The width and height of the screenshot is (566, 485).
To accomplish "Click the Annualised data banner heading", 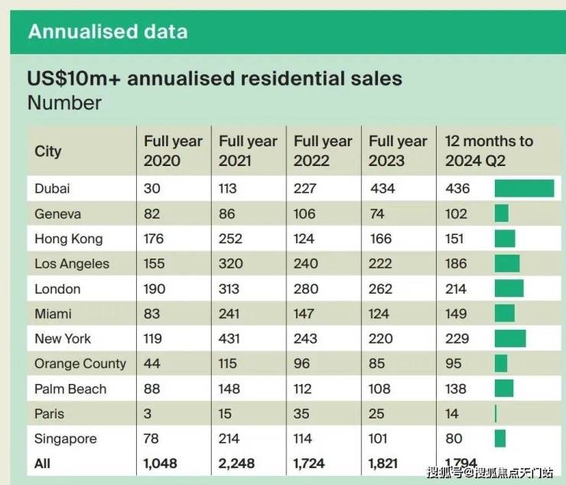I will [107, 31].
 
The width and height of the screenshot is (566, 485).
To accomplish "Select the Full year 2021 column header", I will [248, 151].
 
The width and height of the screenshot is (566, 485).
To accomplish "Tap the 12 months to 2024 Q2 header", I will [489, 151].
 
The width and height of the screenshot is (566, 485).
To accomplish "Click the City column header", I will [47, 151].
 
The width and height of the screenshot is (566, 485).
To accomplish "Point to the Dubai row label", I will [52, 188].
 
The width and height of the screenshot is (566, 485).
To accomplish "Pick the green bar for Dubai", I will [524, 188].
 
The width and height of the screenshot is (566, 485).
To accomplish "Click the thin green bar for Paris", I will [496, 414].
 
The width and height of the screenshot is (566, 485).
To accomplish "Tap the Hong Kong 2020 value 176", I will [154, 239].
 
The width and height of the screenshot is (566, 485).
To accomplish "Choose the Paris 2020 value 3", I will [148, 414].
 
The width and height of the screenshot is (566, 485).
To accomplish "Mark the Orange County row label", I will [80, 363].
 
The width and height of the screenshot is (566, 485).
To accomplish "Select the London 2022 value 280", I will [305, 288].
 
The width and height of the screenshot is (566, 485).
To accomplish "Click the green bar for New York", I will [510, 339].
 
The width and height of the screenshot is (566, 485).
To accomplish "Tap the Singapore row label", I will [66, 439].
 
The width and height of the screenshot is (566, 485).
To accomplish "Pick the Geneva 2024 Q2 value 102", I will [456, 213].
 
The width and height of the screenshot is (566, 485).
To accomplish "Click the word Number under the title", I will [64, 103].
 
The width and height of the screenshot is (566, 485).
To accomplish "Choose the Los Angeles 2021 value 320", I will [231, 264].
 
